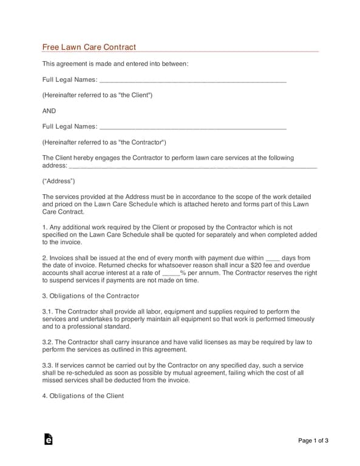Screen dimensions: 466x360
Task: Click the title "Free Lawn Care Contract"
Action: click(89, 47)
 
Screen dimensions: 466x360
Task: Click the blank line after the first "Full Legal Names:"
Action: click(192, 81)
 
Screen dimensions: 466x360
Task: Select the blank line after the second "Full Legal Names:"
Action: click(192, 127)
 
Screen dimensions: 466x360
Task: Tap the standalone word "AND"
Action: click(49, 111)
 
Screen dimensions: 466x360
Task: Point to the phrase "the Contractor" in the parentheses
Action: click(140, 143)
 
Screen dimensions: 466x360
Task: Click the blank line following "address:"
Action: click(188, 166)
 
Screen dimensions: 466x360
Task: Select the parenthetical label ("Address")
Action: click(59, 181)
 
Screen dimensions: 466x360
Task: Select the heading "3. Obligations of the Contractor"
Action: click(90, 296)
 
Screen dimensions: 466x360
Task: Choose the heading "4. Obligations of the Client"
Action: click(83, 396)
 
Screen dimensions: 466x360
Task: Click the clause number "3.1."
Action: click(48, 312)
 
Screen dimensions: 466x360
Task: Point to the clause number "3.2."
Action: click(48, 342)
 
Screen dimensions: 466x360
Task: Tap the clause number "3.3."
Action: click(48, 365)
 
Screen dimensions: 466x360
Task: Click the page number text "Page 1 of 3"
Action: click(313, 441)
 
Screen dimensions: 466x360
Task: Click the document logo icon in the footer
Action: click(49, 440)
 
